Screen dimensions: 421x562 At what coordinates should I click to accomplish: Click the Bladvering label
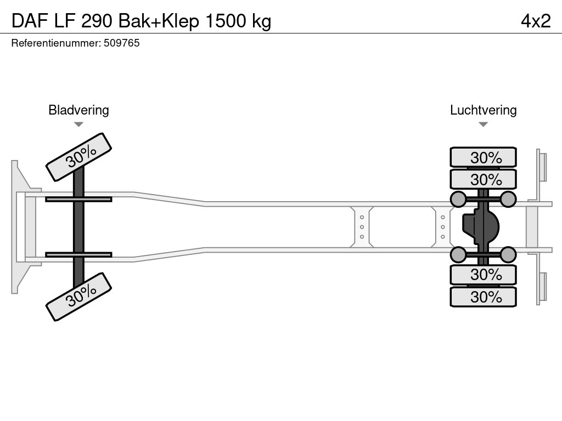click(x=78, y=110)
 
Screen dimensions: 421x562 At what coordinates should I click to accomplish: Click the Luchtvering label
click(x=483, y=110)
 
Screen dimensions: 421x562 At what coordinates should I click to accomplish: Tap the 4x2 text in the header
click(x=535, y=21)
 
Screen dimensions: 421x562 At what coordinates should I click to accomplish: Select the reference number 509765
click(x=121, y=43)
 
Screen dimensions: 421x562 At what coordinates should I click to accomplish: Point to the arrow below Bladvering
click(x=78, y=124)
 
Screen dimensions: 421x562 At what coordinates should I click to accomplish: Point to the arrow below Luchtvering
click(x=483, y=124)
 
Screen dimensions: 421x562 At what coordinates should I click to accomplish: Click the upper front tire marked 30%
click(x=78, y=157)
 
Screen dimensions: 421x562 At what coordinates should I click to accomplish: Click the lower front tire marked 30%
click(x=78, y=297)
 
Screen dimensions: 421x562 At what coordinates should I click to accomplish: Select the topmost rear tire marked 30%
click(x=483, y=157)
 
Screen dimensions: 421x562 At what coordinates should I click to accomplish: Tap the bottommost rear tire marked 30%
click(x=483, y=297)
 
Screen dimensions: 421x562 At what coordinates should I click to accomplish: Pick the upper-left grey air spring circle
click(x=458, y=199)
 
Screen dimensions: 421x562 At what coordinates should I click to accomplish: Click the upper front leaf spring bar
click(x=78, y=199)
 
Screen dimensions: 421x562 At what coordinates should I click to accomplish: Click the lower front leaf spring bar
click(x=78, y=254)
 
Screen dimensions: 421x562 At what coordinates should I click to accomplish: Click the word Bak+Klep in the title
click(x=158, y=21)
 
